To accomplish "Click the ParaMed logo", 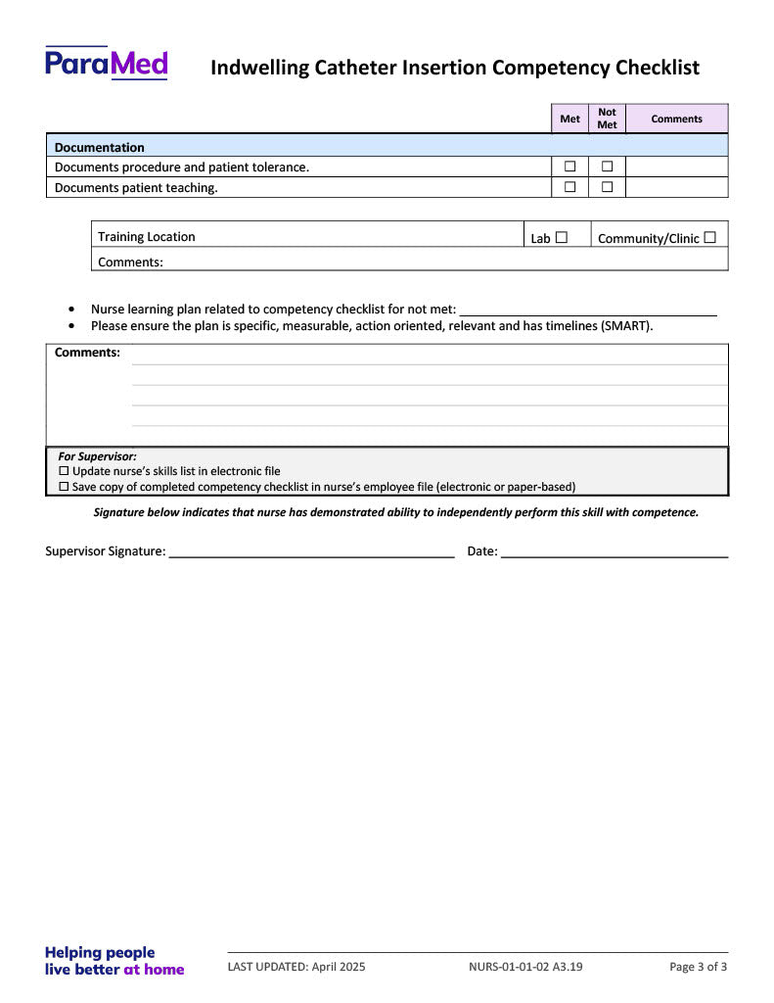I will (x=107, y=64).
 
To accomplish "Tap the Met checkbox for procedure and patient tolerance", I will (x=569, y=167).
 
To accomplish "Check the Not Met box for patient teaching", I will (x=607, y=186).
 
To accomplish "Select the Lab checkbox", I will (x=562, y=237).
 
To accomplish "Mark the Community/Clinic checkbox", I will (x=709, y=237).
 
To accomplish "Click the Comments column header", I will (x=676, y=119).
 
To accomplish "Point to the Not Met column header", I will (x=607, y=119).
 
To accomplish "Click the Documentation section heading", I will (x=99, y=147).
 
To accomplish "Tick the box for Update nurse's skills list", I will (x=65, y=471).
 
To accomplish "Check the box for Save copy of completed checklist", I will (x=65, y=487).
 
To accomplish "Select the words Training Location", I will (x=146, y=237).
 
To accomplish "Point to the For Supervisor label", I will (x=97, y=456).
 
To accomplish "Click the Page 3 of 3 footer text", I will (x=698, y=967).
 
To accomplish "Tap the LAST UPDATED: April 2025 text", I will (x=296, y=967).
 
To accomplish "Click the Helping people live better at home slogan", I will (x=114, y=961).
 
